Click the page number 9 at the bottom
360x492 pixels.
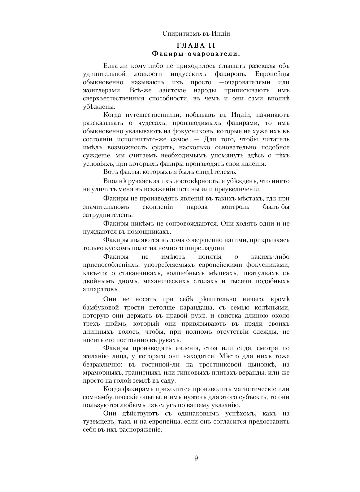pos(196,458)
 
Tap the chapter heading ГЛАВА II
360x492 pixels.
pos(196,46)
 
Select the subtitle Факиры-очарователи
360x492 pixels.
pos(196,54)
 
